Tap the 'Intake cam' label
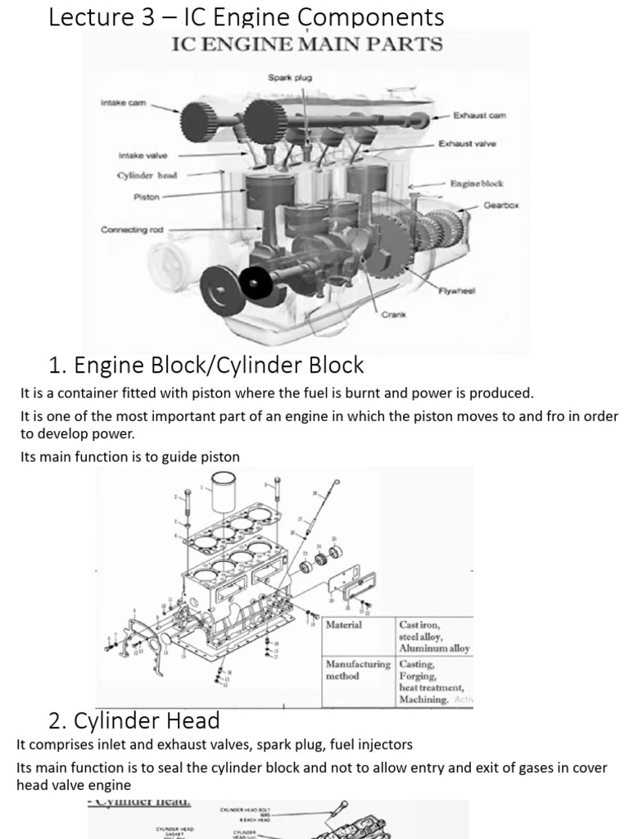(120, 103)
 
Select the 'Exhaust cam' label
(485, 116)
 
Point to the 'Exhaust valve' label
(467, 144)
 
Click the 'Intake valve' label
(143, 155)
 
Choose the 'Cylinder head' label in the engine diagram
(147, 175)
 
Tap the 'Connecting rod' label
(132, 230)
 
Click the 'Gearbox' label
(500, 206)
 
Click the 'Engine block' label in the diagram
(477, 184)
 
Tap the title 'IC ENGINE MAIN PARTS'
(306, 44)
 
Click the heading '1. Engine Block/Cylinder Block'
(206, 365)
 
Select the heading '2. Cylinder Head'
(134, 721)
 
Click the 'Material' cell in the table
(344, 625)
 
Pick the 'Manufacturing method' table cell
(358, 670)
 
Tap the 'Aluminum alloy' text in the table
(434, 648)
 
